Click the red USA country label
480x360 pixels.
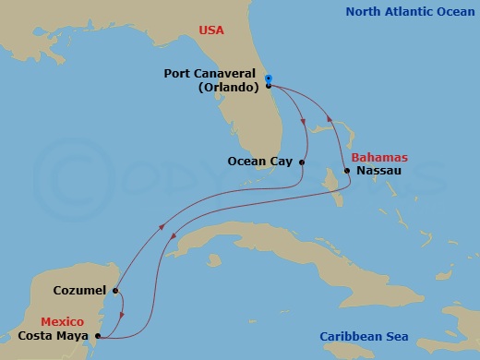211,30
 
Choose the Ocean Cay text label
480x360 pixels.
260,162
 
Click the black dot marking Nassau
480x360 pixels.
346,171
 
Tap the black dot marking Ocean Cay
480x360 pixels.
301,162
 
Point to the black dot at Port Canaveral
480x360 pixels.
268,86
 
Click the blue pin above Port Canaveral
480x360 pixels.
267,78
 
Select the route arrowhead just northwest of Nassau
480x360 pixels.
327,115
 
